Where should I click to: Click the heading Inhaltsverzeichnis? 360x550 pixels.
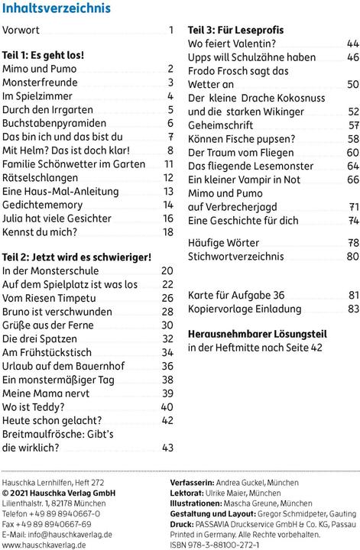click(57, 9)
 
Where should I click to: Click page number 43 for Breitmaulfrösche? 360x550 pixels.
click(168, 448)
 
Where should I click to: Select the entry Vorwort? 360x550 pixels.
click(24, 31)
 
